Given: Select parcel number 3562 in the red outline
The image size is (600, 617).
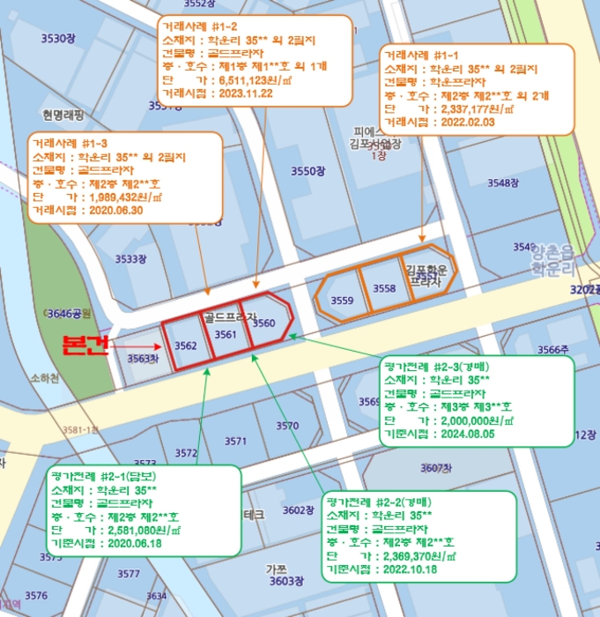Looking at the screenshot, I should [185, 346].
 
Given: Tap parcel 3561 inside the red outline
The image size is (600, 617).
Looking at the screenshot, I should [226, 336].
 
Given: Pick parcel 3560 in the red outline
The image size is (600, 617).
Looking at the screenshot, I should [263, 323].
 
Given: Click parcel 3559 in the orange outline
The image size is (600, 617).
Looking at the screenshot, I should [342, 301].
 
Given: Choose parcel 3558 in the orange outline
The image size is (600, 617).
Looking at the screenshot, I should [384, 289].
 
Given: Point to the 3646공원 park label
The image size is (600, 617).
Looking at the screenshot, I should [70, 313].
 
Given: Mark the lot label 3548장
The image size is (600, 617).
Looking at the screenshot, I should [502, 183].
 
